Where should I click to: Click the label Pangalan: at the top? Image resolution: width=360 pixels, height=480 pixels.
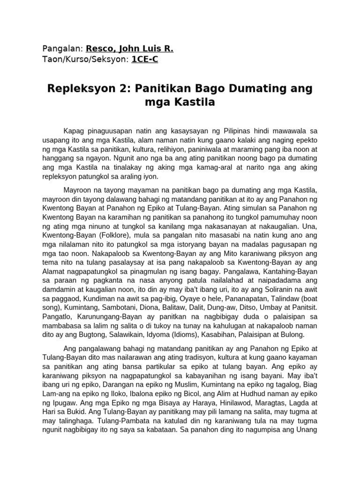tap(63, 49)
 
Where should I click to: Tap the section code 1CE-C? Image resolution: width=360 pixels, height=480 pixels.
tap(148, 59)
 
